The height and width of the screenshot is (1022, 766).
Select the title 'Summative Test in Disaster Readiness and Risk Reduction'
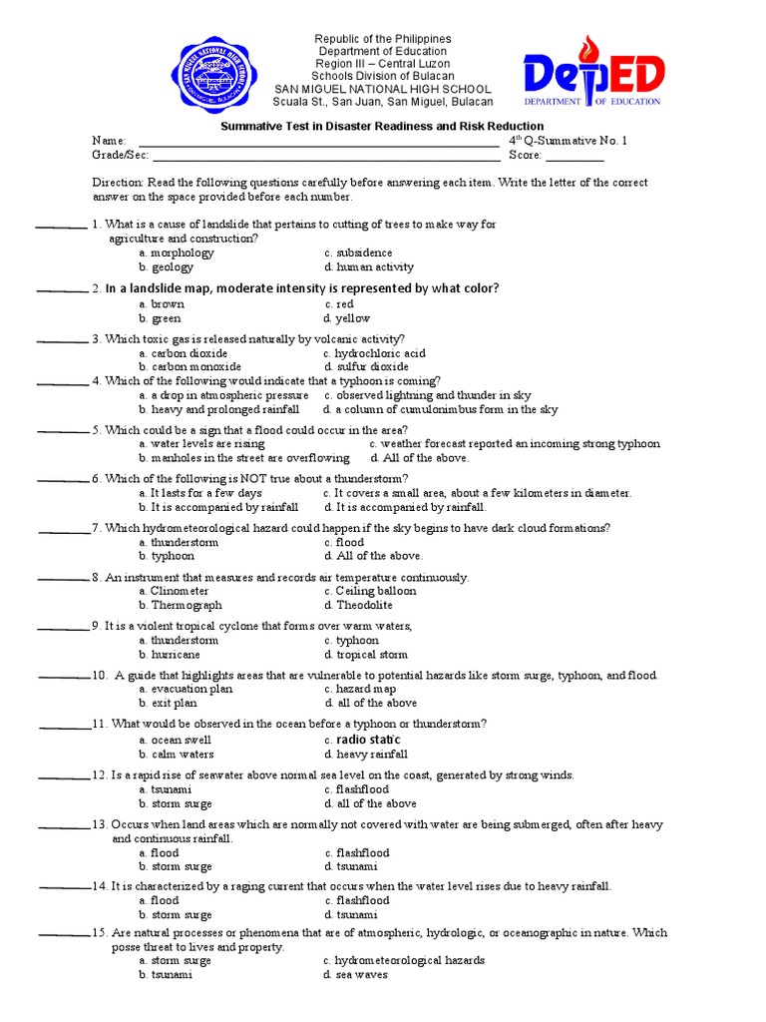(x=382, y=126)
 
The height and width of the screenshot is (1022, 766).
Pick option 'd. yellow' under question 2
(x=347, y=318)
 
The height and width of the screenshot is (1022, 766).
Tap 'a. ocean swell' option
(x=175, y=740)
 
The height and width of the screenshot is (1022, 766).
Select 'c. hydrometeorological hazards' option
(x=404, y=960)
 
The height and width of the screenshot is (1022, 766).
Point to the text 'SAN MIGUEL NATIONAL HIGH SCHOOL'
(x=383, y=89)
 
